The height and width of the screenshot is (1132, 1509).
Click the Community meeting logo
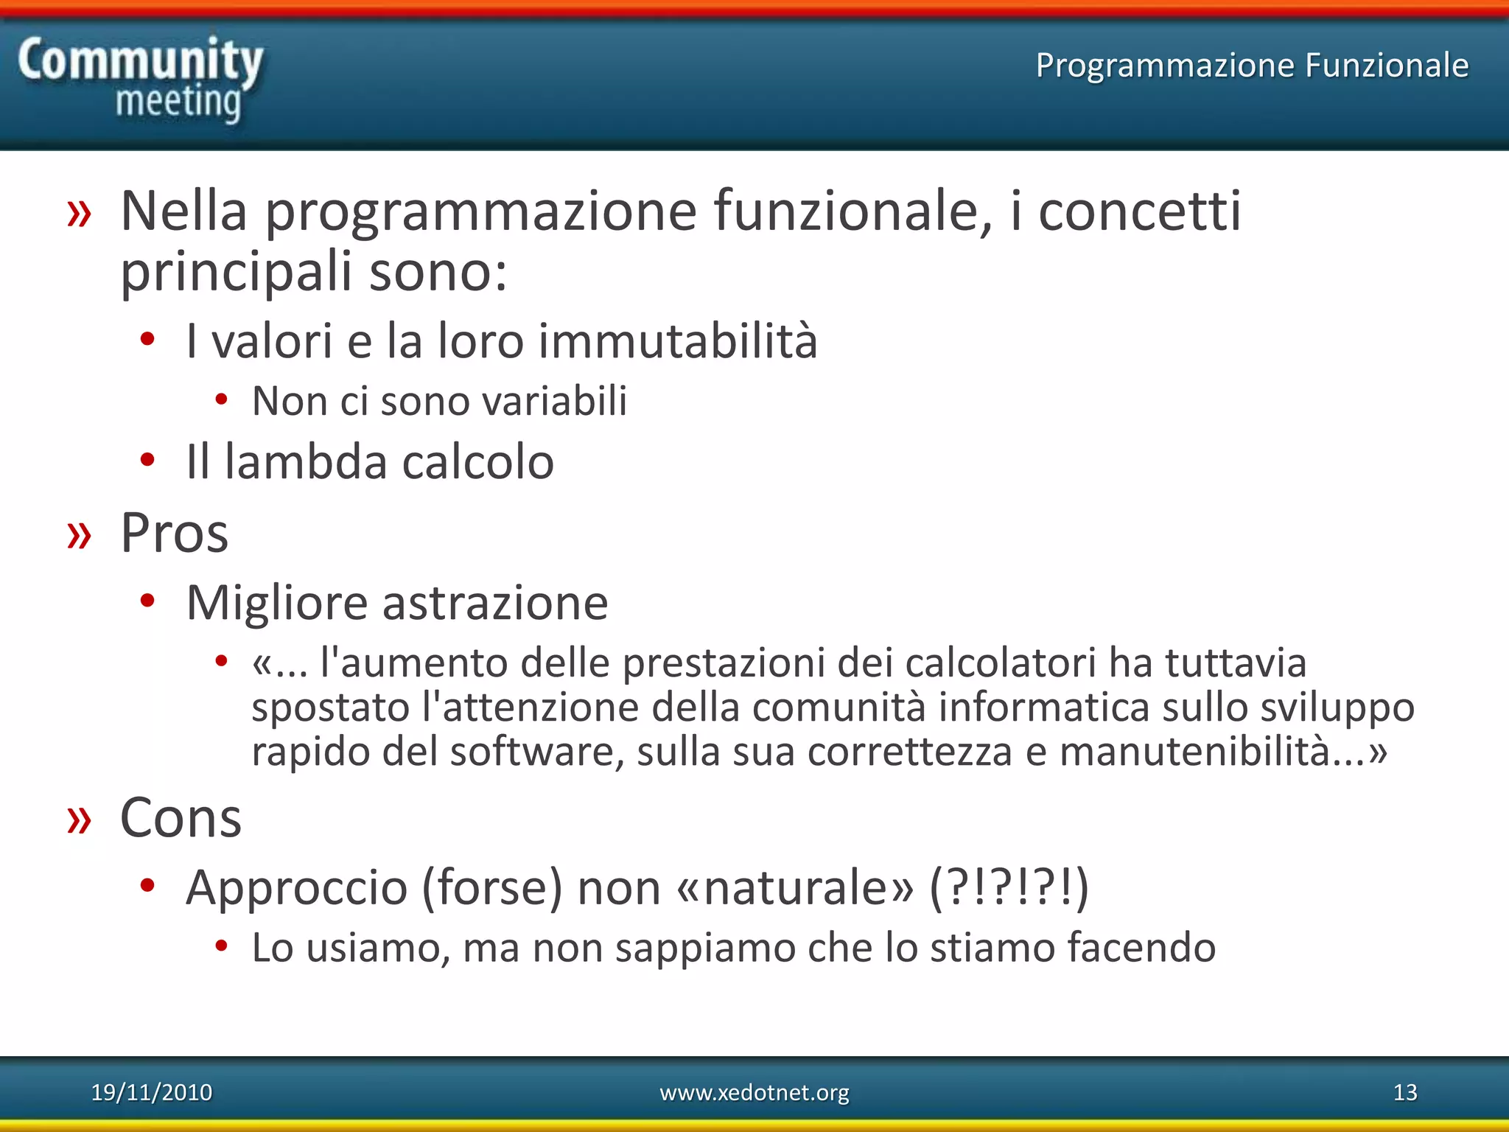click(140, 80)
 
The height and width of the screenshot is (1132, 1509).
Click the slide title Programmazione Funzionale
click(1252, 65)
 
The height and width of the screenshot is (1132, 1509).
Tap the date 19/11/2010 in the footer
click(151, 1092)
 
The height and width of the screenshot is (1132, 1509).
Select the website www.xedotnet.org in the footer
click(754, 1092)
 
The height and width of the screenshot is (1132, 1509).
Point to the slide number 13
click(1405, 1092)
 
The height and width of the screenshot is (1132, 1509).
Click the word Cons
click(181, 818)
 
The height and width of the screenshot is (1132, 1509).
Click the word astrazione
click(495, 603)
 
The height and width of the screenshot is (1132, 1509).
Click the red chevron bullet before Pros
click(79, 535)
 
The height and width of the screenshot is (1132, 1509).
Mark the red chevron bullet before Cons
click(79, 820)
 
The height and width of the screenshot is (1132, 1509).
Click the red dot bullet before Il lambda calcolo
click(147, 460)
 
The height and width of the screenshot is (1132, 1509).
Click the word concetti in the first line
click(1139, 212)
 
